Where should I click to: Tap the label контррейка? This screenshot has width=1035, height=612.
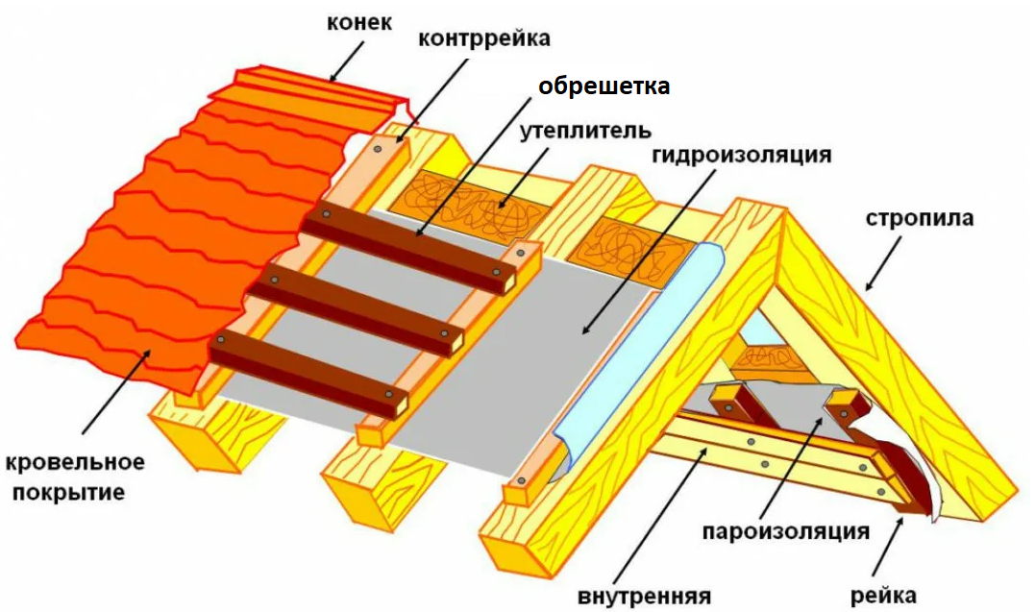click(x=484, y=39)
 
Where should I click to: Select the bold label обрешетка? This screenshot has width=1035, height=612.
click(x=603, y=86)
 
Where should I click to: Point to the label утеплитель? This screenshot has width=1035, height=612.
click(x=585, y=130)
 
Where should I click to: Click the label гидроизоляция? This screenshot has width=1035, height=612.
click(x=740, y=154)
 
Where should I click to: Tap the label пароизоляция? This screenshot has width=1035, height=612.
click(x=785, y=530)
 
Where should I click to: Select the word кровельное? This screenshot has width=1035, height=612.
click(x=75, y=463)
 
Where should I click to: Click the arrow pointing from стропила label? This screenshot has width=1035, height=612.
click(x=883, y=263)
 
